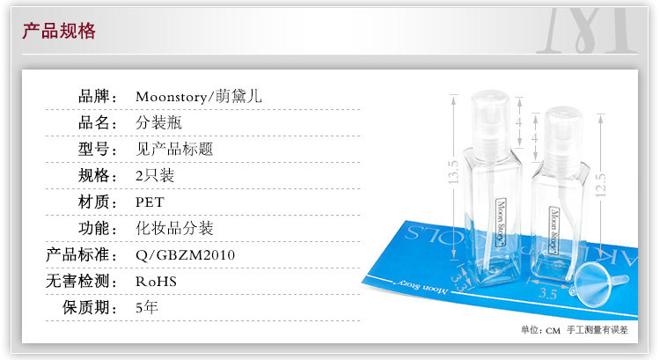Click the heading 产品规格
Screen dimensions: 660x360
click(x=59, y=33)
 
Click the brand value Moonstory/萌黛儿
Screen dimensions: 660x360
click(x=198, y=96)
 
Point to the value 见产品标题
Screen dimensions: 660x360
click(x=174, y=149)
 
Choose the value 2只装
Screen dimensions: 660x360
click(x=155, y=175)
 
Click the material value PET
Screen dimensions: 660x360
click(x=150, y=202)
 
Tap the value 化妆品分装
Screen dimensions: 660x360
click(x=174, y=228)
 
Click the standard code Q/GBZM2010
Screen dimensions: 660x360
click(x=185, y=255)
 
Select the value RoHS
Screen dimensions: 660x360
click(x=156, y=282)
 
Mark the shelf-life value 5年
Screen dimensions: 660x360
click(x=147, y=308)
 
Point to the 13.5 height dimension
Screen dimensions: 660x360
click(x=454, y=173)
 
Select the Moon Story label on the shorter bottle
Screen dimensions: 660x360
click(x=555, y=224)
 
